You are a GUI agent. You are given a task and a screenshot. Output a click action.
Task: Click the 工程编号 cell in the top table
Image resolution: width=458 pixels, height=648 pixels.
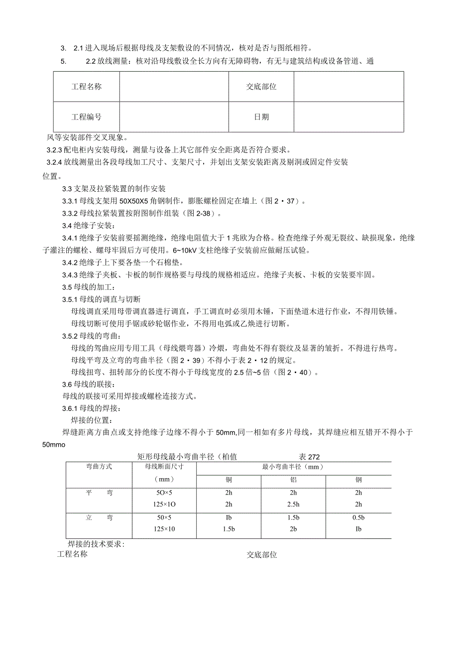87,117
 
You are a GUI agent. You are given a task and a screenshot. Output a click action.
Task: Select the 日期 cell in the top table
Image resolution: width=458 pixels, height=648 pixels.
261,117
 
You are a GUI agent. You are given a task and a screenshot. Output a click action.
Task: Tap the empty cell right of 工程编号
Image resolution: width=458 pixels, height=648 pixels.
174,117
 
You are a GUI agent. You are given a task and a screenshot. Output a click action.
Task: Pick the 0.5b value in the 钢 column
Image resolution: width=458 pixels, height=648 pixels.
358,518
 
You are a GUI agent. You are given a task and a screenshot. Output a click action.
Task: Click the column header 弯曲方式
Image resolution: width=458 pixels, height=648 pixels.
99,467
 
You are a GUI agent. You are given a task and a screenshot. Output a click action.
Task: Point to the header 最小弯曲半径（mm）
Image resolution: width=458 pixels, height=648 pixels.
293,467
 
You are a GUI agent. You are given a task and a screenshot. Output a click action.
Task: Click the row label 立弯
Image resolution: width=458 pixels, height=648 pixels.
99,518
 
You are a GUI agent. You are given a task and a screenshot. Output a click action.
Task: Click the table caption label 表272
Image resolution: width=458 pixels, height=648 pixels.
309,457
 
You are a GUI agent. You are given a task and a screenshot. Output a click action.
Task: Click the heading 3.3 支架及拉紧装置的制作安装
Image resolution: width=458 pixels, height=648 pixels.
114,189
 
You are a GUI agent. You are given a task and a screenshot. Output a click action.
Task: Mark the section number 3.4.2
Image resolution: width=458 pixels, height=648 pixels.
69,262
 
